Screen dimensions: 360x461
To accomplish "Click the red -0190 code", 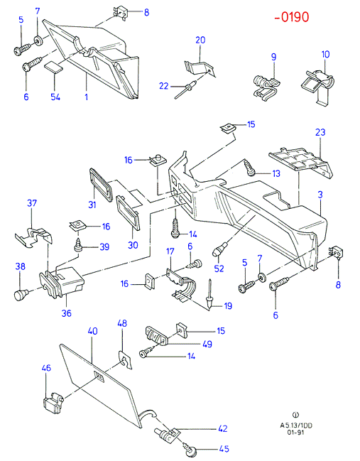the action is (x=292, y=17).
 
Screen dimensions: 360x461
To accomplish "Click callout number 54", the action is (x=55, y=97).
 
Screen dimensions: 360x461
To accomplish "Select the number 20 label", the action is (x=200, y=40).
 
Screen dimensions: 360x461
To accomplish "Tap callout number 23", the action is (x=320, y=132).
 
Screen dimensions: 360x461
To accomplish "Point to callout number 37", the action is (x=32, y=203).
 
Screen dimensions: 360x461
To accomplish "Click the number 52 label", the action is (x=219, y=269).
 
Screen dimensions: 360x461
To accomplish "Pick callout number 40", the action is (x=92, y=331).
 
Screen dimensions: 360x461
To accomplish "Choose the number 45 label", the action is (x=224, y=449).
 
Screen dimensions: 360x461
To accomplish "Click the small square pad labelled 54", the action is (x=54, y=67).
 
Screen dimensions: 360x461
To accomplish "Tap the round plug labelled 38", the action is (x=21, y=295).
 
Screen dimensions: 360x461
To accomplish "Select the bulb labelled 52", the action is (x=219, y=249).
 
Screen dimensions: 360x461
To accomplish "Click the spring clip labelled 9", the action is (x=266, y=87).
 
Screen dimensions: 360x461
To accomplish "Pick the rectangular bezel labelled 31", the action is (x=101, y=185).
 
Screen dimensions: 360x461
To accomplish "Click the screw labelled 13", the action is (x=250, y=168).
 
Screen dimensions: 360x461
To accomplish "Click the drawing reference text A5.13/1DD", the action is (x=296, y=425).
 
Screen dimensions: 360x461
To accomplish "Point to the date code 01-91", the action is (x=295, y=433).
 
